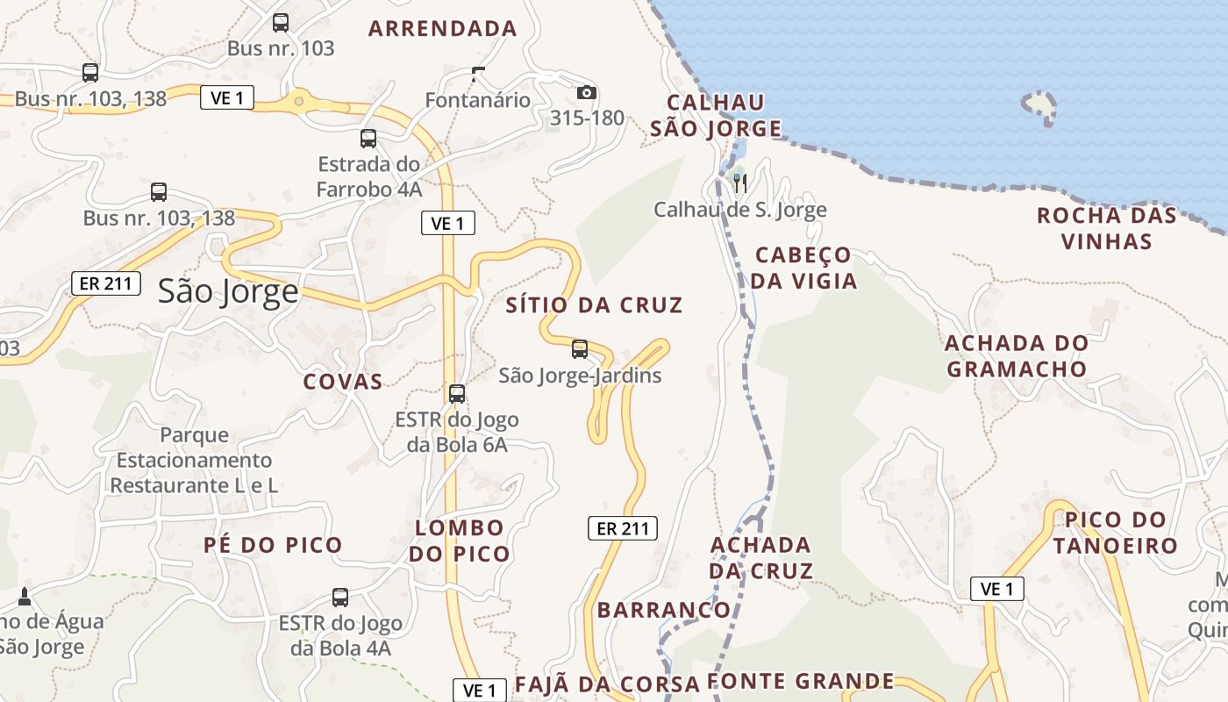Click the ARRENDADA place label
(443, 28)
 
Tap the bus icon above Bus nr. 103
(281, 23)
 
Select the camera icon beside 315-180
(587, 92)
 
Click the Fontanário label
(478, 100)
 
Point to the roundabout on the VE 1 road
(299, 101)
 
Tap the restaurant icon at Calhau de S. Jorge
(740, 183)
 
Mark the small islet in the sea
(1039, 104)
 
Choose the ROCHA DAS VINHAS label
(1106, 228)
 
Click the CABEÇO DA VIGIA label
(803, 268)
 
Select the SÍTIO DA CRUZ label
(594, 305)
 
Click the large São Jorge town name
(228, 291)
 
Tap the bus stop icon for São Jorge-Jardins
(580, 349)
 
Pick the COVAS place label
(343, 381)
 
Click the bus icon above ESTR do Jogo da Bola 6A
(457, 394)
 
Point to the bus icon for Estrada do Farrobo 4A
(368, 139)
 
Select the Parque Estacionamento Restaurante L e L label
(194, 460)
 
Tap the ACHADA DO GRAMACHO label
(1017, 355)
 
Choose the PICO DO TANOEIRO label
(1115, 533)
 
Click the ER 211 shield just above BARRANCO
(622, 528)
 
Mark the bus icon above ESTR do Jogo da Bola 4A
(340, 598)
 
